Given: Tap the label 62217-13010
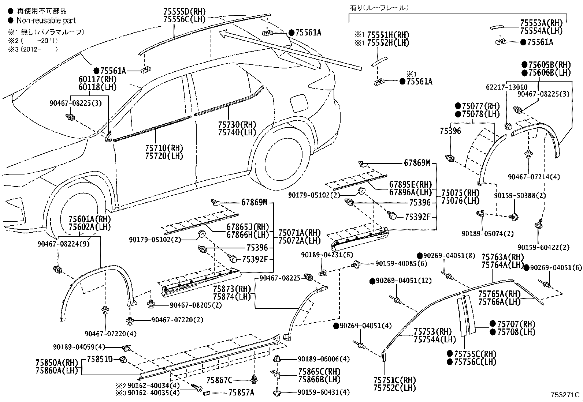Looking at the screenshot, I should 506,87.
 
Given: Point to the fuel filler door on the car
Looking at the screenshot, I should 299,104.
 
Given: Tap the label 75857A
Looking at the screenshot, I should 241,393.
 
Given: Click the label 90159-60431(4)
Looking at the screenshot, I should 323,392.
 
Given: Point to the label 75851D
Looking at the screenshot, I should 100,359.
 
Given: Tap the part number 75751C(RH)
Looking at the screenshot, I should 395,380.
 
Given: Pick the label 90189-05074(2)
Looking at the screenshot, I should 487,233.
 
